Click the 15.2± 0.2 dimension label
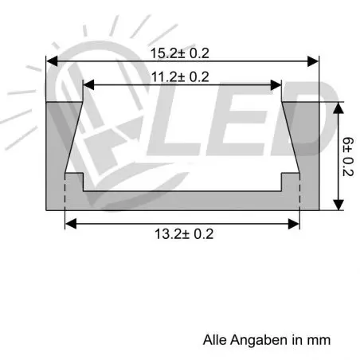pyautogui.click(x=180, y=53)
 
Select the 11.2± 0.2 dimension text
pyautogui.click(x=180, y=77)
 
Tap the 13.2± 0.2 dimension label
pyautogui.click(x=184, y=234)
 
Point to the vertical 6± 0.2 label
pyautogui.click(x=348, y=157)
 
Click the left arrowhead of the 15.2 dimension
pyautogui.click(x=52, y=61)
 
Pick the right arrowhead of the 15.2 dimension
pyautogui.click(x=313, y=61)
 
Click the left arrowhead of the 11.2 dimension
pyautogui.click(x=88, y=85)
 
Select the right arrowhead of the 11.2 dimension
pyautogui.click(x=276, y=85)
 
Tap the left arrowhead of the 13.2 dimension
pyautogui.click(x=71, y=224)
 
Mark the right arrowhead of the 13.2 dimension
pyautogui.click(x=294, y=224)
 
